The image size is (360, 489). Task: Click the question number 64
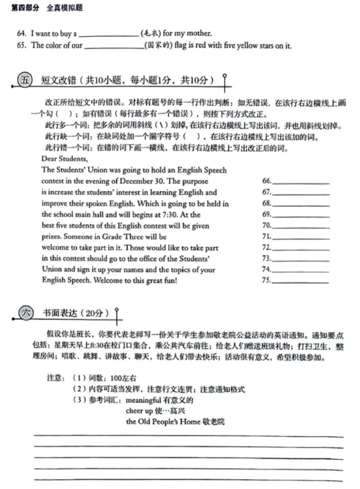tap(21, 33)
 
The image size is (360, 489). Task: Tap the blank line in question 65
tap(114, 47)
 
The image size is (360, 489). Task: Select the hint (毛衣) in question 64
tap(150, 33)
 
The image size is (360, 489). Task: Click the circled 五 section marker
tap(25, 79)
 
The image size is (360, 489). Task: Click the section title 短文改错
tap(59, 79)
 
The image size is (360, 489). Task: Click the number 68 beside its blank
tap(266, 203)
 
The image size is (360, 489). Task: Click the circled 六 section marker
tap(25, 313)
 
